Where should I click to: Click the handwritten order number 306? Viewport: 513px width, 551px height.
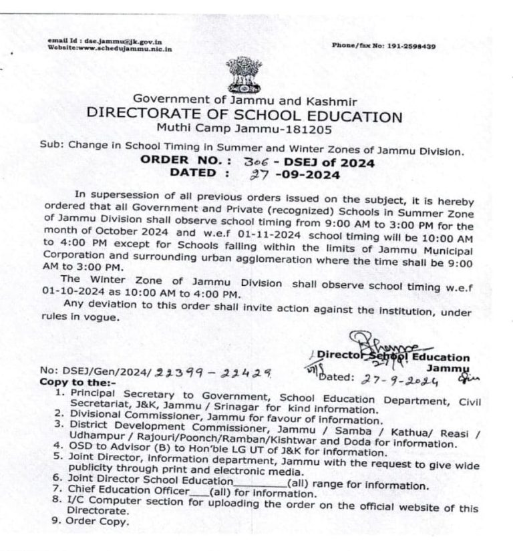click(238, 162)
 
